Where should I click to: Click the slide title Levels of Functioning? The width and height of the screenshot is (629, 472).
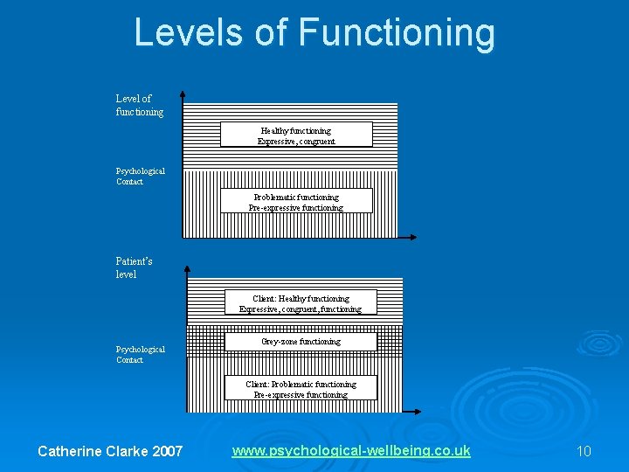(x=314, y=32)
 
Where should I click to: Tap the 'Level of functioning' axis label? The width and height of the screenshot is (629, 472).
(x=140, y=105)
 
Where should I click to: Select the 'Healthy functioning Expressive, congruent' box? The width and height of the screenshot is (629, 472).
(x=296, y=135)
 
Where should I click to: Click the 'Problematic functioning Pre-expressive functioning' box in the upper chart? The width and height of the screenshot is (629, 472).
(x=296, y=201)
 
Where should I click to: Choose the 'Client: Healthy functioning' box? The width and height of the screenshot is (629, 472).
(x=301, y=302)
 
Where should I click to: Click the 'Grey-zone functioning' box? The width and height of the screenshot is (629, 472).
(x=301, y=341)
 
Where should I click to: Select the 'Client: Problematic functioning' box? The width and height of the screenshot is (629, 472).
(x=301, y=388)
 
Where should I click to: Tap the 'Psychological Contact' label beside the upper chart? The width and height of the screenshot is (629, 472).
(x=141, y=176)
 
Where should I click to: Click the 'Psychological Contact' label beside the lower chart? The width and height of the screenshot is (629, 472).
(x=141, y=354)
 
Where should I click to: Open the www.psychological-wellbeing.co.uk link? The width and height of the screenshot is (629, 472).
(x=351, y=451)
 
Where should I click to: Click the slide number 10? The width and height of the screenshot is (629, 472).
(x=584, y=451)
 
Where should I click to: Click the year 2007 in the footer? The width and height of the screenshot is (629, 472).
(x=168, y=451)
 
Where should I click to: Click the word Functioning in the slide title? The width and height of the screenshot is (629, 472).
(x=397, y=32)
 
